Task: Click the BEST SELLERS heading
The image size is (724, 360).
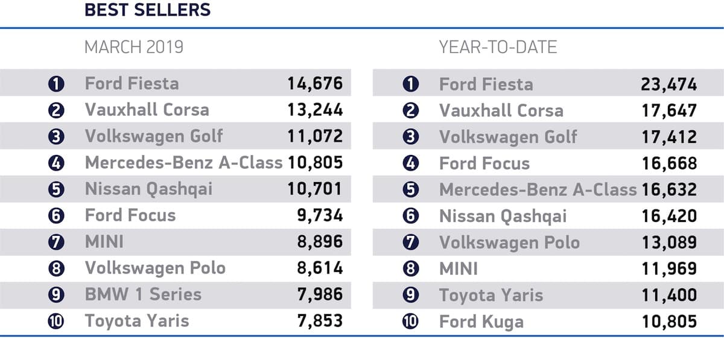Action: [x=147, y=10]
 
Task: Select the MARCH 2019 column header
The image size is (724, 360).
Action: [x=134, y=48]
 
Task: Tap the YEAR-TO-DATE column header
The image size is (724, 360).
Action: [x=498, y=48]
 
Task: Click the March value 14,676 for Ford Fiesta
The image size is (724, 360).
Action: [x=315, y=83]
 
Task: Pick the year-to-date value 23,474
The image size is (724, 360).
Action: [x=669, y=84]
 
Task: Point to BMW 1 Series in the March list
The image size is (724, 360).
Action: [x=143, y=294]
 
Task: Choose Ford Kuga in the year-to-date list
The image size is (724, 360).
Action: [x=481, y=321]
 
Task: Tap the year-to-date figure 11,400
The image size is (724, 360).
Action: [x=669, y=295]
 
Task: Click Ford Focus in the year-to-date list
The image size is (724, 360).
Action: [x=484, y=163]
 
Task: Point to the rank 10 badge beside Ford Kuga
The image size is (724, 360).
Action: [x=410, y=321]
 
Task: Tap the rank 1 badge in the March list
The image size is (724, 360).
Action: [x=56, y=84]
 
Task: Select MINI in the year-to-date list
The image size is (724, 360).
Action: [x=458, y=268]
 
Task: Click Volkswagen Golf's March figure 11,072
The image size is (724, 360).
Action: [x=315, y=136]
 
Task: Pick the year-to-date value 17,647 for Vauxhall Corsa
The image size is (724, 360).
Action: [x=669, y=110]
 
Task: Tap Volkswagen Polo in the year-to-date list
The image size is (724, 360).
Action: [x=509, y=242]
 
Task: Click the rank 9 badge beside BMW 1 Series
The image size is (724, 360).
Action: [x=56, y=295]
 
